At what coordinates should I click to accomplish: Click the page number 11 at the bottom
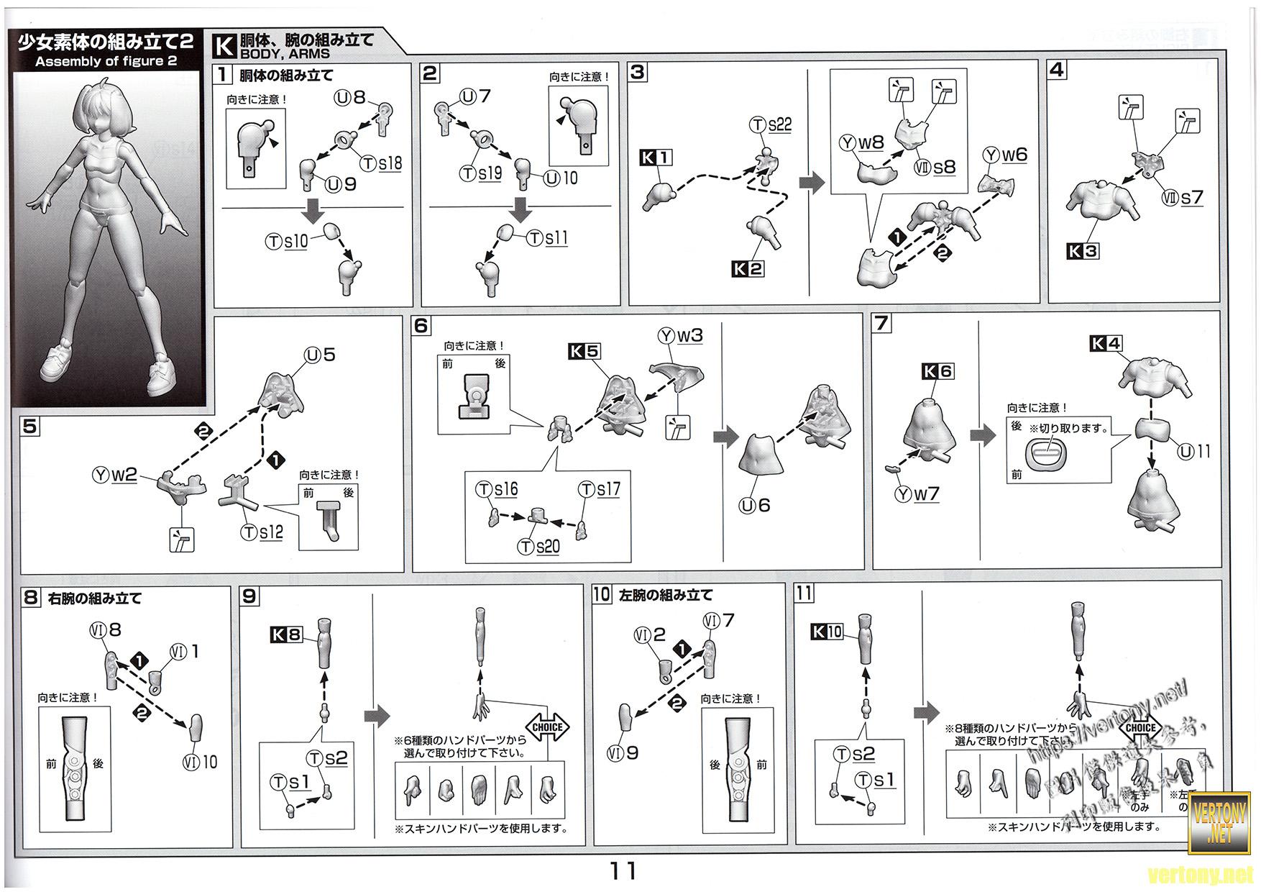click(x=623, y=871)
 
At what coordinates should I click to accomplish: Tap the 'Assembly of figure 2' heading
click(x=106, y=61)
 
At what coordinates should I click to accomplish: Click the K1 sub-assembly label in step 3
click(x=656, y=158)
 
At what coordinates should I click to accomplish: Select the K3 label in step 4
click(x=1082, y=251)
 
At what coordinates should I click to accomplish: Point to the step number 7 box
click(x=881, y=323)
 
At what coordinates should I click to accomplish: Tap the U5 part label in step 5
click(x=320, y=355)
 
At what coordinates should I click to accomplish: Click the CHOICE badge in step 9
click(x=547, y=727)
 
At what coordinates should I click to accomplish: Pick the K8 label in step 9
click(x=286, y=634)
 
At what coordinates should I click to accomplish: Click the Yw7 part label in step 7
click(x=917, y=494)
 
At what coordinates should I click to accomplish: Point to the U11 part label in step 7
click(x=1193, y=452)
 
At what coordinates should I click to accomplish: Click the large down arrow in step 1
click(x=313, y=212)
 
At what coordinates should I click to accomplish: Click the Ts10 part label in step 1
click(x=286, y=241)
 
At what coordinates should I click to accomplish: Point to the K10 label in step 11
click(x=826, y=632)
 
